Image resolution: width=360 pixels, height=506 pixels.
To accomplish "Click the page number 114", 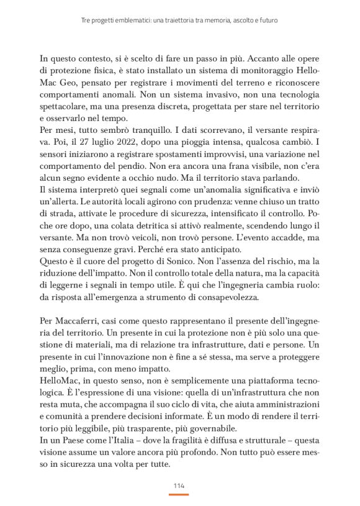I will pyautogui.click(x=179, y=485).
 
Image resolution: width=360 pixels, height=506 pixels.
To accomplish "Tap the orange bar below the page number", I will pyautogui.click(x=179, y=494).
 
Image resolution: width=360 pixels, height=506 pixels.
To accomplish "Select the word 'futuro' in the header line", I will pyautogui.click(x=264, y=20).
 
